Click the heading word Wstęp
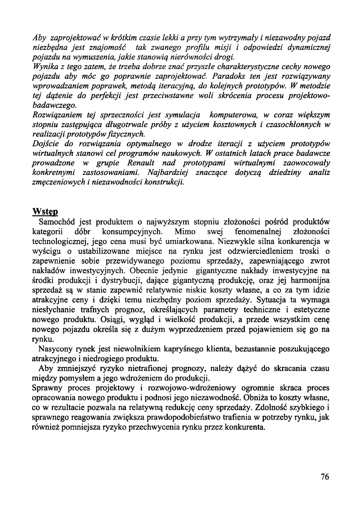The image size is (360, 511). (45, 210)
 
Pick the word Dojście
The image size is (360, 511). (45, 144)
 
